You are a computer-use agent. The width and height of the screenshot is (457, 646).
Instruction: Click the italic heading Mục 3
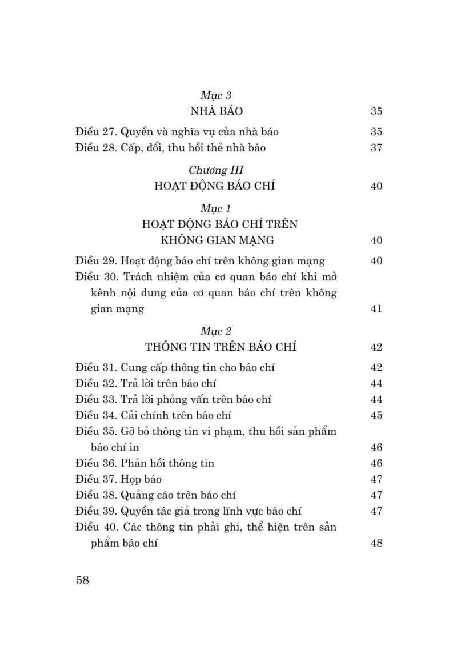click(216, 95)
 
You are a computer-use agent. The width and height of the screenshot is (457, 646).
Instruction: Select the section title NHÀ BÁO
click(216, 111)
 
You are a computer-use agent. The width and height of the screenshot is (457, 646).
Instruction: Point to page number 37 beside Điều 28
click(376, 148)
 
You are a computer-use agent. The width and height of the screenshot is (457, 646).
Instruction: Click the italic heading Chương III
click(216, 170)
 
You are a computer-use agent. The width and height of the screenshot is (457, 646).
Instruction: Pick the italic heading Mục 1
click(216, 208)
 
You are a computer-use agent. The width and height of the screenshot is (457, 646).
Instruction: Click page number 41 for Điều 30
click(376, 309)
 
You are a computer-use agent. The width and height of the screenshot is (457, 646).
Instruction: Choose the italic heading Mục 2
click(216, 331)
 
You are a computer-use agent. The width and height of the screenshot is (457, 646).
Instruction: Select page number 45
click(376, 415)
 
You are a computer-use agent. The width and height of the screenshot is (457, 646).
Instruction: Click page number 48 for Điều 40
click(376, 543)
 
